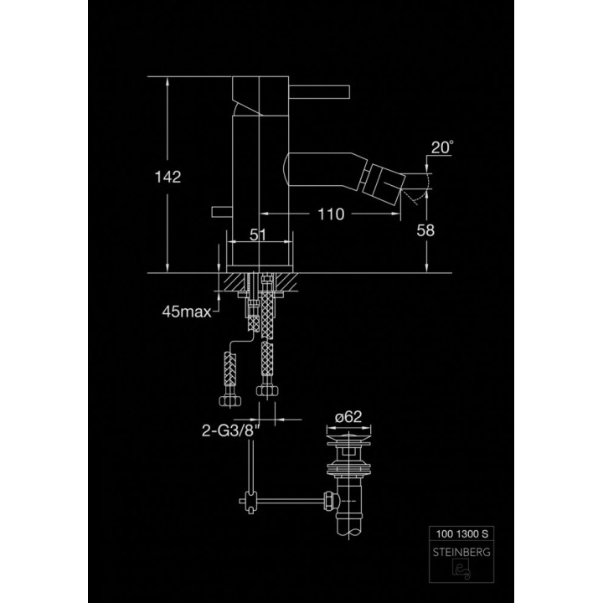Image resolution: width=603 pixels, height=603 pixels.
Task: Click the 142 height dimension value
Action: (167, 177)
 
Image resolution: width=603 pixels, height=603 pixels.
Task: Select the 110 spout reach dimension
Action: (331, 214)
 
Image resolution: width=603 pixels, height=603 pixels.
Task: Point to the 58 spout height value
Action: (425, 231)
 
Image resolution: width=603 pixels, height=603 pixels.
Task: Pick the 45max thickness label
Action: (186, 312)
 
